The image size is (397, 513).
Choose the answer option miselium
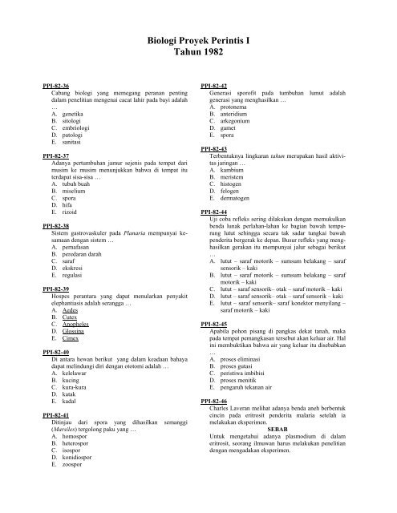(65, 170)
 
